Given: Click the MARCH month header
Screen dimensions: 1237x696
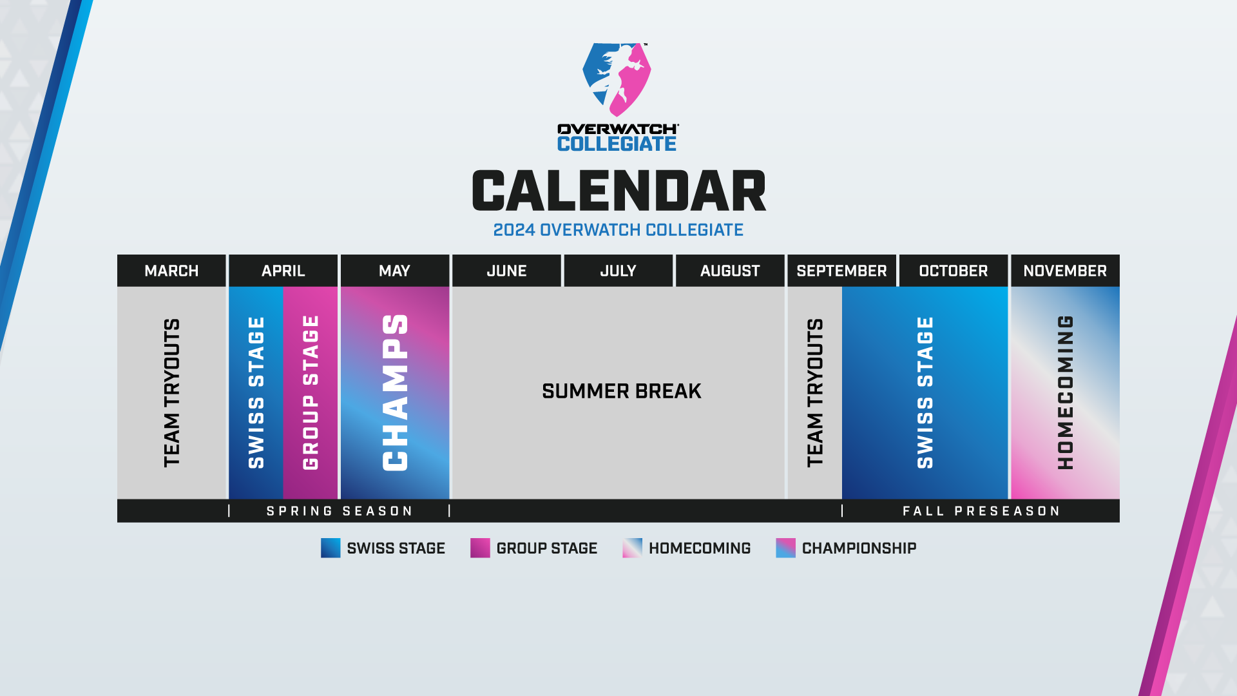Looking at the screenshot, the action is click(171, 271).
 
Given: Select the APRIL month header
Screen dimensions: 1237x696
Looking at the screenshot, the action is click(283, 271).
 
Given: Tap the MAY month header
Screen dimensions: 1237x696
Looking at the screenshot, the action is click(395, 271).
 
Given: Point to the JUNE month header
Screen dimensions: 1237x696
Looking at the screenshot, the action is click(506, 271).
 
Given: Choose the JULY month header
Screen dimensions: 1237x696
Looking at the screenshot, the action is click(618, 271).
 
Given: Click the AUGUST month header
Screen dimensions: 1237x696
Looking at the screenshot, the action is click(730, 271).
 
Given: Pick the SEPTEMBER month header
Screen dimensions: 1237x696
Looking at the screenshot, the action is click(841, 271).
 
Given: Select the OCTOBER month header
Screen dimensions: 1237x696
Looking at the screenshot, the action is click(954, 271).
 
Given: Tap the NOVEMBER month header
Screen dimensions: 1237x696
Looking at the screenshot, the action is click(1065, 271).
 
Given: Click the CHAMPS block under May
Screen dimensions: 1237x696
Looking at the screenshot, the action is click(395, 392).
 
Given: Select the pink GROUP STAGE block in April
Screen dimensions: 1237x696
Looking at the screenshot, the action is click(311, 392).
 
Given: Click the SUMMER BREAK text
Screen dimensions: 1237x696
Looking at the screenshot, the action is click(621, 391).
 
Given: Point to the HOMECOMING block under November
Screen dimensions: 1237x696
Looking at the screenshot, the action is click(1065, 392).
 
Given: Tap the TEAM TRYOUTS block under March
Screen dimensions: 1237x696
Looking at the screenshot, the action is click(171, 392).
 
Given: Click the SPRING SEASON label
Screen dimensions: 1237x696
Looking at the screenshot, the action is click(340, 511).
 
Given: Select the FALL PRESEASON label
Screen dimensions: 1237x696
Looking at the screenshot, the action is click(981, 511).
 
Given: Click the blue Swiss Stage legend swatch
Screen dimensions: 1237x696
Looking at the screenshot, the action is click(331, 548).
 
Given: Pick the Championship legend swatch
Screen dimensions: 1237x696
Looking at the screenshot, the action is click(785, 548).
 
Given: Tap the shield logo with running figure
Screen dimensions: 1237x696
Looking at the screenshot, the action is click(617, 79).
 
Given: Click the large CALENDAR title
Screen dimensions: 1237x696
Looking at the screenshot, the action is click(619, 191).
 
